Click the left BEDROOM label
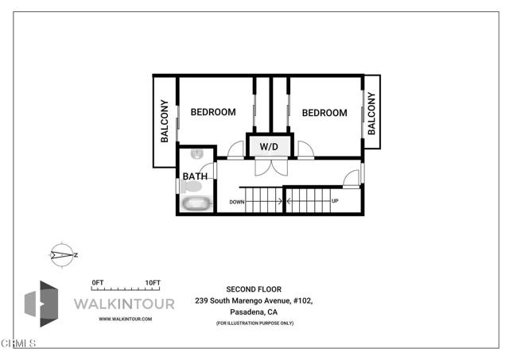(213, 112)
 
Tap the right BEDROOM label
(324, 113)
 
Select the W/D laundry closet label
(269, 147)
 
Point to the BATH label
(195, 176)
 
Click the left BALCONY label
(165, 121)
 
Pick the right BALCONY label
(371, 113)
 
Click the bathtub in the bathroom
(196, 203)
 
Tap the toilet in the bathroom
(191, 187)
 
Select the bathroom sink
(197, 154)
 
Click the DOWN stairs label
(237, 202)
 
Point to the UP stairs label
(335, 201)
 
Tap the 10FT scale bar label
(153, 283)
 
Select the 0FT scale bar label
(97, 283)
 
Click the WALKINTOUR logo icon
(41, 304)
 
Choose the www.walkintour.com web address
(126, 319)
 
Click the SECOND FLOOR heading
(254, 289)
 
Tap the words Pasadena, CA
(254, 312)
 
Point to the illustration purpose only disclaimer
(254, 323)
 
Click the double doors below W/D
(271, 167)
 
